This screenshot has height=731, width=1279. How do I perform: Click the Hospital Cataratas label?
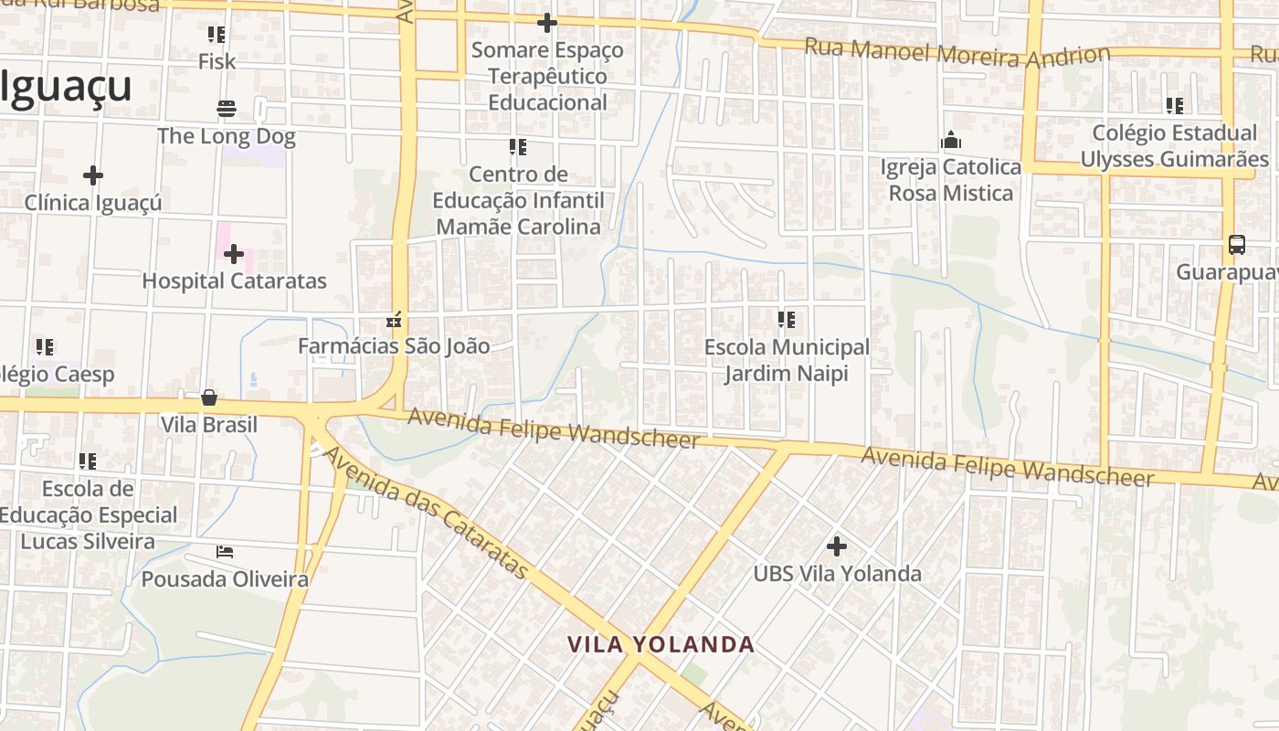[x=234, y=281]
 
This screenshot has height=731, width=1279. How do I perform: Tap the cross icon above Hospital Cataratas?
[x=234, y=253]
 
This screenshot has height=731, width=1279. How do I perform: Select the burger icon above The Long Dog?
[x=227, y=109]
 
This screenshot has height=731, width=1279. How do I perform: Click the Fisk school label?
[x=217, y=61]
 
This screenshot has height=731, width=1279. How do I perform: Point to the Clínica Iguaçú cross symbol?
[x=93, y=175]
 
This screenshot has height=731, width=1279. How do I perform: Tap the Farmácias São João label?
[x=394, y=346]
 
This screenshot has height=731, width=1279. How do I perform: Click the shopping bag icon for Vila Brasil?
[x=209, y=397]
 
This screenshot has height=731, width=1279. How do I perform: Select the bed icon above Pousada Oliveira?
[x=225, y=552]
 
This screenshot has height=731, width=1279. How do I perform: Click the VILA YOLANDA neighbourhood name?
[x=661, y=644]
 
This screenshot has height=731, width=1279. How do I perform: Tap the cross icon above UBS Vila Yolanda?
[x=836, y=546]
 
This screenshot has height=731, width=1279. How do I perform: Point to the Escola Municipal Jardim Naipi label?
[x=787, y=360]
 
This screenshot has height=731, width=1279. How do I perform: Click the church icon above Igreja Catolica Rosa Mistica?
[x=951, y=141]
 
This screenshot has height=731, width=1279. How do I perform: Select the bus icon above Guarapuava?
[x=1236, y=245]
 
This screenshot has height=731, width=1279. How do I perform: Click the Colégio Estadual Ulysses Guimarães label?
[x=1175, y=146]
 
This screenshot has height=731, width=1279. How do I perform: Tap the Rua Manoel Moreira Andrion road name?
[x=957, y=54]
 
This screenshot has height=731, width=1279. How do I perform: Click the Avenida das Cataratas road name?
[x=427, y=513]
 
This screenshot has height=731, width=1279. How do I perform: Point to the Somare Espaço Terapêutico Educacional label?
[x=547, y=76]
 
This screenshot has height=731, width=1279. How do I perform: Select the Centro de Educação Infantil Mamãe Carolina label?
[x=518, y=200]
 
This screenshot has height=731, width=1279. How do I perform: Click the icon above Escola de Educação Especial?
[x=88, y=461]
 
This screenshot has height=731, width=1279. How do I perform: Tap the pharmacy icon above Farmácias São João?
[x=394, y=320]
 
